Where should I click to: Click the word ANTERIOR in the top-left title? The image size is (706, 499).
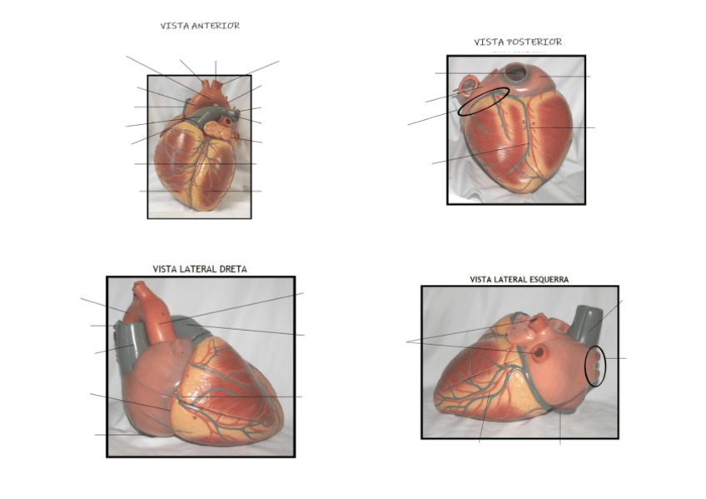coord(216,26)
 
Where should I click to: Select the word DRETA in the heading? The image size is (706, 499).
coord(230,269)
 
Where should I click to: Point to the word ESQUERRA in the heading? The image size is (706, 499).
coord(545,280)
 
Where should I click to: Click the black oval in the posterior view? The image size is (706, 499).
coord(484,101)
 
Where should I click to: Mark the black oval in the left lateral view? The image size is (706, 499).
coord(595,366)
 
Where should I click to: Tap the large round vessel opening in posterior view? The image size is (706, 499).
coord(516,74)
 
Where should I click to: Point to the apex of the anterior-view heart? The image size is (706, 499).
coord(200,205)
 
